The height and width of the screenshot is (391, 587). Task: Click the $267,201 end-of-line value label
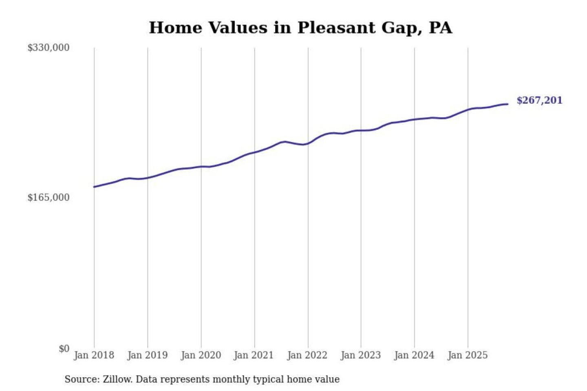tap(539, 100)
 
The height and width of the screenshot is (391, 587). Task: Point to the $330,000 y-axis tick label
tap(48, 48)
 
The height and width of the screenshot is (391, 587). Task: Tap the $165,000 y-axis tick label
tap(48, 198)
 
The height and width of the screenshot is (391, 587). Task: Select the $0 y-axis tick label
tap(64, 349)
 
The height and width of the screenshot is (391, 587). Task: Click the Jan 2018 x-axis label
tap(94, 355)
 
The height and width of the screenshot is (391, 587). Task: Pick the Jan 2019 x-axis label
tap(147, 355)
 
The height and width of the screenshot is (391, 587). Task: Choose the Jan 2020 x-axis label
tap(201, 355)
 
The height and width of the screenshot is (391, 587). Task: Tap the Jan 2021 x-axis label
tap(254, 355)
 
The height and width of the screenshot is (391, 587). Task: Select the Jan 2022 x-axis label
tap(307, 355)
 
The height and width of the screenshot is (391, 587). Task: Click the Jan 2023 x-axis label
tap(360, 355)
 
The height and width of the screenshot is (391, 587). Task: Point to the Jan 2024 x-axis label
tap(414, 355)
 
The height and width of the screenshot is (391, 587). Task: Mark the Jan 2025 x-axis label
tap(467, 355)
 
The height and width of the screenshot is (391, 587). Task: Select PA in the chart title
tap(440, 28)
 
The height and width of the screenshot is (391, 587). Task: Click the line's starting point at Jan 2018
tap(94, 187)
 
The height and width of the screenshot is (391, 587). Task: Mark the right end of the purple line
tap(508, 104)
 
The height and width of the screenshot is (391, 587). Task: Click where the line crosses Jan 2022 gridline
tap(308, 143)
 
